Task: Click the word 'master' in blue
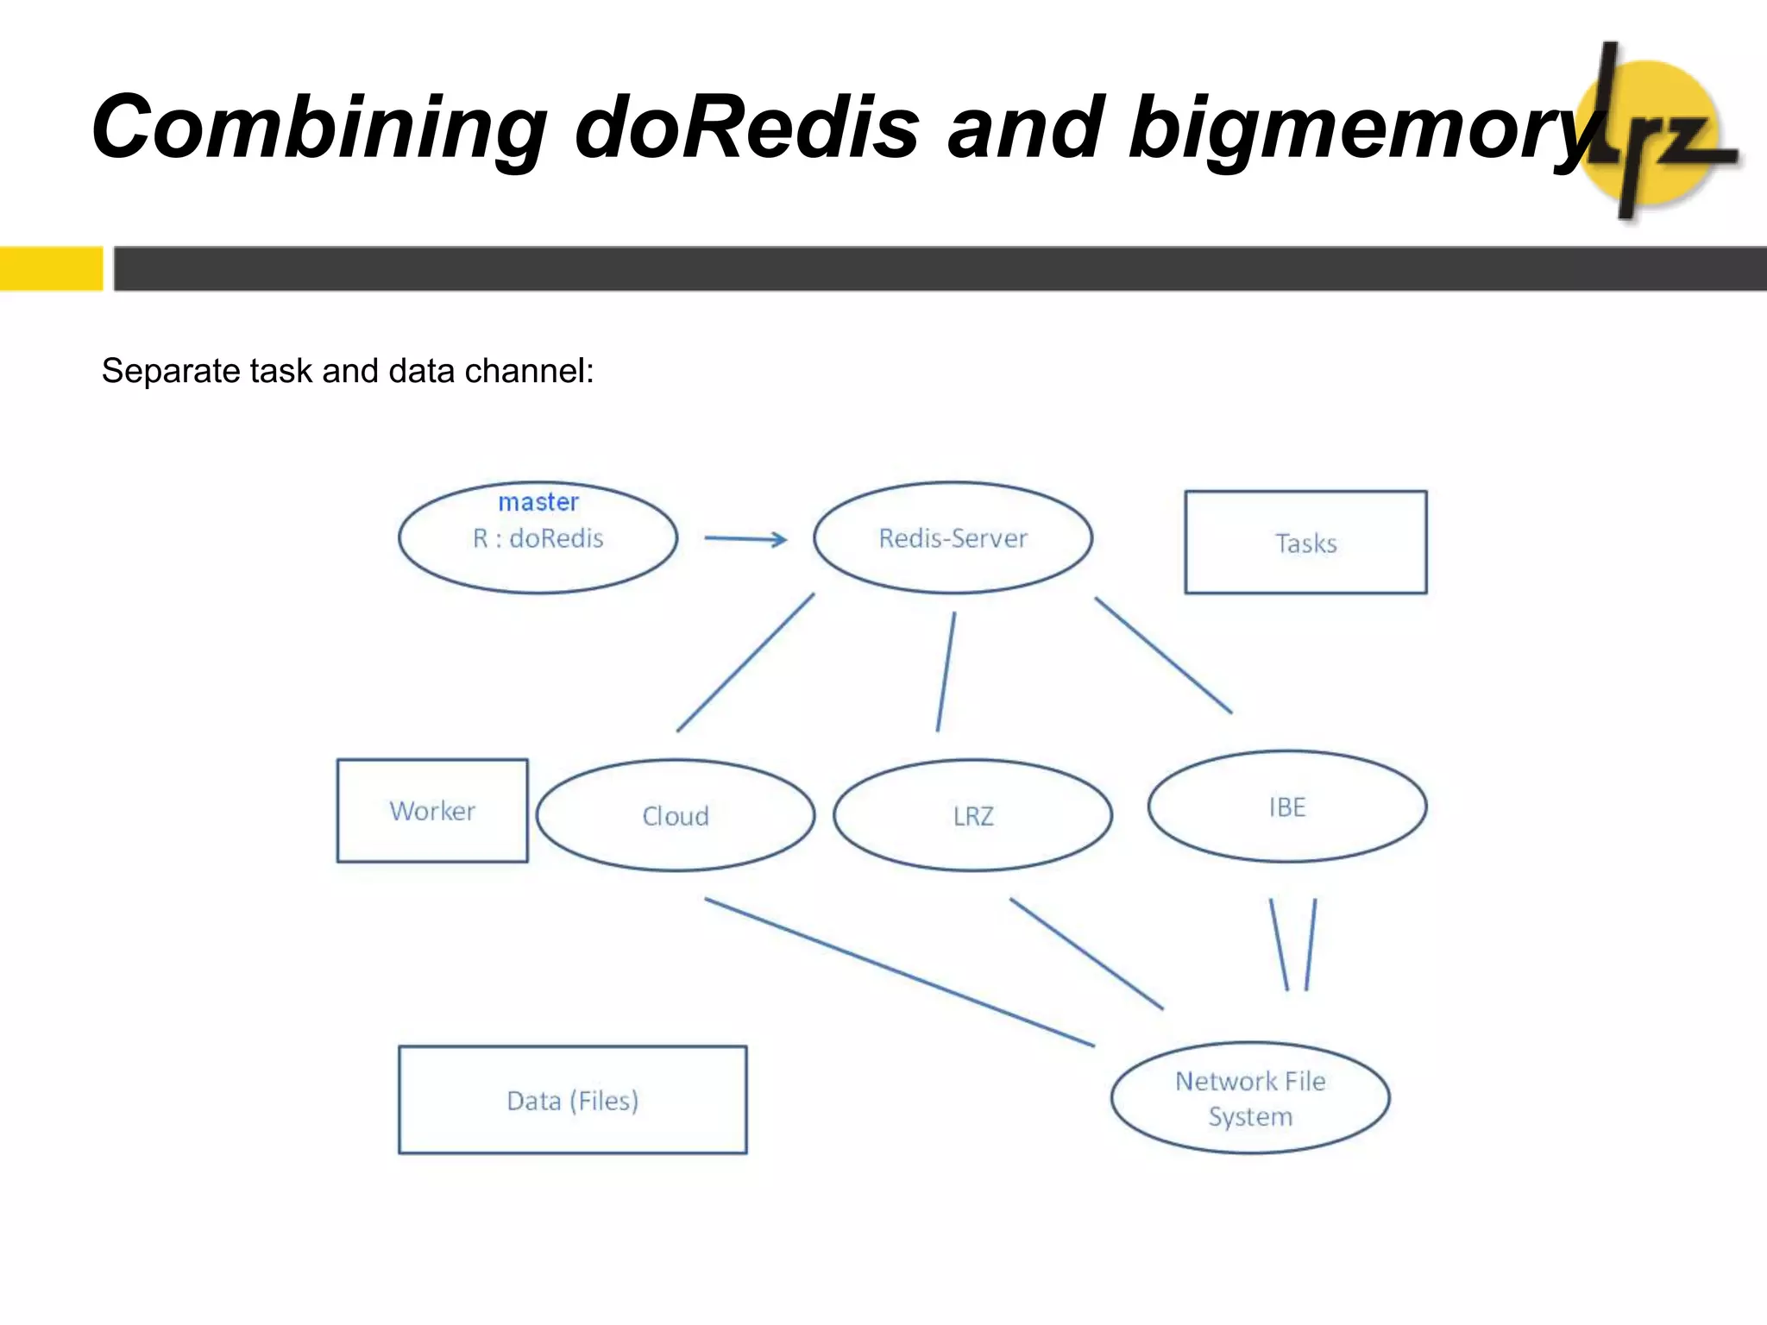(x=538, y=502)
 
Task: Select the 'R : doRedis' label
(x=538, y=538)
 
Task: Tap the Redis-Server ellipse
(x=953, y=538)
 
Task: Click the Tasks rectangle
(x=1305, y=543)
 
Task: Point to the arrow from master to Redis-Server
(x=745, y=539)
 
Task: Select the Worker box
(x=432, y=811)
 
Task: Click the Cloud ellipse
(x=676, y=816)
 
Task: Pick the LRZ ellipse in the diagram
(x=972, y=816)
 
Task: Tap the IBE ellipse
(x=1286, y=807)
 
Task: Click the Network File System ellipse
(x=1250, y=1098)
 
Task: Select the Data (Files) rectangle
(x=572, y=1101)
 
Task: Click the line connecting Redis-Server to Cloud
(x=745, y=662)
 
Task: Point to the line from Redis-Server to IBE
(x=1163, y=656)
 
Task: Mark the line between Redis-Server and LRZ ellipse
(x=946, y=672)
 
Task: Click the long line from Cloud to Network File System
(x=899, y=972)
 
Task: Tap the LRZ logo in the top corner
(x=1652, y=134)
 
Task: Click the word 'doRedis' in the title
(x=747, y=128)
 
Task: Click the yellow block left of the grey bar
(x=51, y=268)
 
